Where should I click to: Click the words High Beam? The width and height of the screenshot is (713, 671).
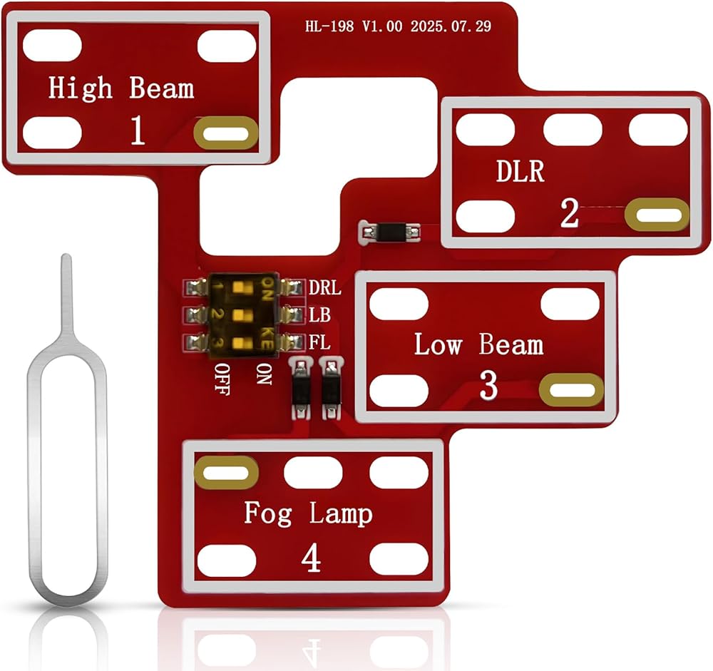coord(121,88)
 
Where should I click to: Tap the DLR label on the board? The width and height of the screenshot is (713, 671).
coord(520,171)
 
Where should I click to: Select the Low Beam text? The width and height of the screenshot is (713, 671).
coord(479,344)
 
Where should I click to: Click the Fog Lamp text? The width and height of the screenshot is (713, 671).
coord(308,513)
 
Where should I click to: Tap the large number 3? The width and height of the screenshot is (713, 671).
coord(488,385)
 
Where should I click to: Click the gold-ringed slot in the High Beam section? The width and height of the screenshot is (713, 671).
coord(225,133)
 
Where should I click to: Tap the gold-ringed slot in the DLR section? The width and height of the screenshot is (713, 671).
coord(657,214)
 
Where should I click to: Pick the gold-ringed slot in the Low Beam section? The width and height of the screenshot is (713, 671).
coord(572,390)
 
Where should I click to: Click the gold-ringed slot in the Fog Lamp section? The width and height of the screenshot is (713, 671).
coord(226,473)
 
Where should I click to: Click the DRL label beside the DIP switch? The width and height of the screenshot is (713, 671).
coord(324,287)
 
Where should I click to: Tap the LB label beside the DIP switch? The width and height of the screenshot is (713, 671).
coord(319,314)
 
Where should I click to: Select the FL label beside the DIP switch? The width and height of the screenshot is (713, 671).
coord(319,342)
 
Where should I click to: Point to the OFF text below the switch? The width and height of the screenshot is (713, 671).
coord(222,379)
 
